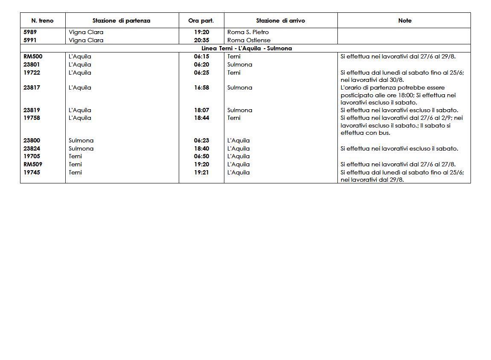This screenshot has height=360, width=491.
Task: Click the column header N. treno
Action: click(x=43, y=20)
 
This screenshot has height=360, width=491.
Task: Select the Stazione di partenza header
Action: click(x=121, y=20)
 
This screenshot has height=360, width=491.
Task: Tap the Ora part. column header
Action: click(x=201, y=20)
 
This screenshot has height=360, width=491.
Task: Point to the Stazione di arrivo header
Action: click(x=280, y=20)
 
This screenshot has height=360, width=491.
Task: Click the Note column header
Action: click(x=404, y=20)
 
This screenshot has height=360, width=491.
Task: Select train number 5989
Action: click(x=30, y=32)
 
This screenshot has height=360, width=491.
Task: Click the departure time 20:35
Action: click(x=201, y=40)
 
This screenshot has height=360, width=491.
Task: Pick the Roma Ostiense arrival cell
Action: click(x=249, y=40)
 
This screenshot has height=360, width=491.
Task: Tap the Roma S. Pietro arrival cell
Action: click(x=248, y=32)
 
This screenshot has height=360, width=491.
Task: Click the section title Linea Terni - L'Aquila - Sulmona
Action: click(x=247, y=48)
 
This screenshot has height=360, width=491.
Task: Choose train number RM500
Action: click(x=33, y=56)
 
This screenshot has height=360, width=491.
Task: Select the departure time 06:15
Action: click(x=201, y=56)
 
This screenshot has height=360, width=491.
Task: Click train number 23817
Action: click(x=32, y=87)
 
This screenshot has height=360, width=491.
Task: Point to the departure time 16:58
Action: click(x=201, y=87)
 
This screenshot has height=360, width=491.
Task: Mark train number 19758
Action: click(x=32, y=118)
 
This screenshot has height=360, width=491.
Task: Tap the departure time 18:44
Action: click(x=201, y=118)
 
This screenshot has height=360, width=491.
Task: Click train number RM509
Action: click(x=33, y=164)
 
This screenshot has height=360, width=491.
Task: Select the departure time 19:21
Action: click(x=201, y=172)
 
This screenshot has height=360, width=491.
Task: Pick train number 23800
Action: click(x=32, y=140)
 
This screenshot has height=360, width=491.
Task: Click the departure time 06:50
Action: click(x=201, y=156)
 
